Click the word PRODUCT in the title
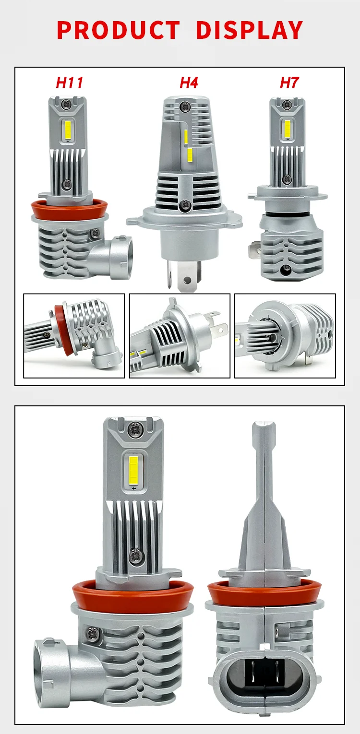118,30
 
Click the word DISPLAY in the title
249,30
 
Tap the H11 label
70,83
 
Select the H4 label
189,83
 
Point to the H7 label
289,83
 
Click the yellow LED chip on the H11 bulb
67,129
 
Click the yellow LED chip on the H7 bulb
288,127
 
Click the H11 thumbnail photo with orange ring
74,335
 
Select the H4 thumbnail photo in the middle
180,335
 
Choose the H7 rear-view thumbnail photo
285,335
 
